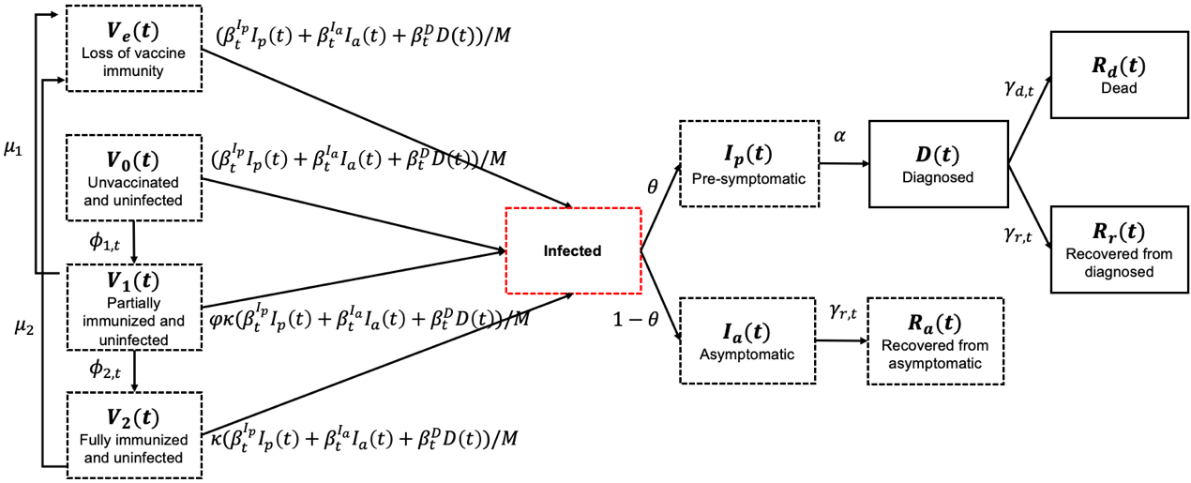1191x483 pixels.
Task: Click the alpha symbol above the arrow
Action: point(839,136)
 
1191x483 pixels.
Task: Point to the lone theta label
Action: point(653,187)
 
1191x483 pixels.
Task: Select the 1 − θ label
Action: point(636,319)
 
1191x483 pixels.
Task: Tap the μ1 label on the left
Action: point(13,148)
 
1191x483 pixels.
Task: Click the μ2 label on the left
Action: point(24,327)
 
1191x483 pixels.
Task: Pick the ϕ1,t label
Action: point(105,242)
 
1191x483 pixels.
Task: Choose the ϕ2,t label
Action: point(105,369)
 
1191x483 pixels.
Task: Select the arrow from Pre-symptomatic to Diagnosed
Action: point(844,164)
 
